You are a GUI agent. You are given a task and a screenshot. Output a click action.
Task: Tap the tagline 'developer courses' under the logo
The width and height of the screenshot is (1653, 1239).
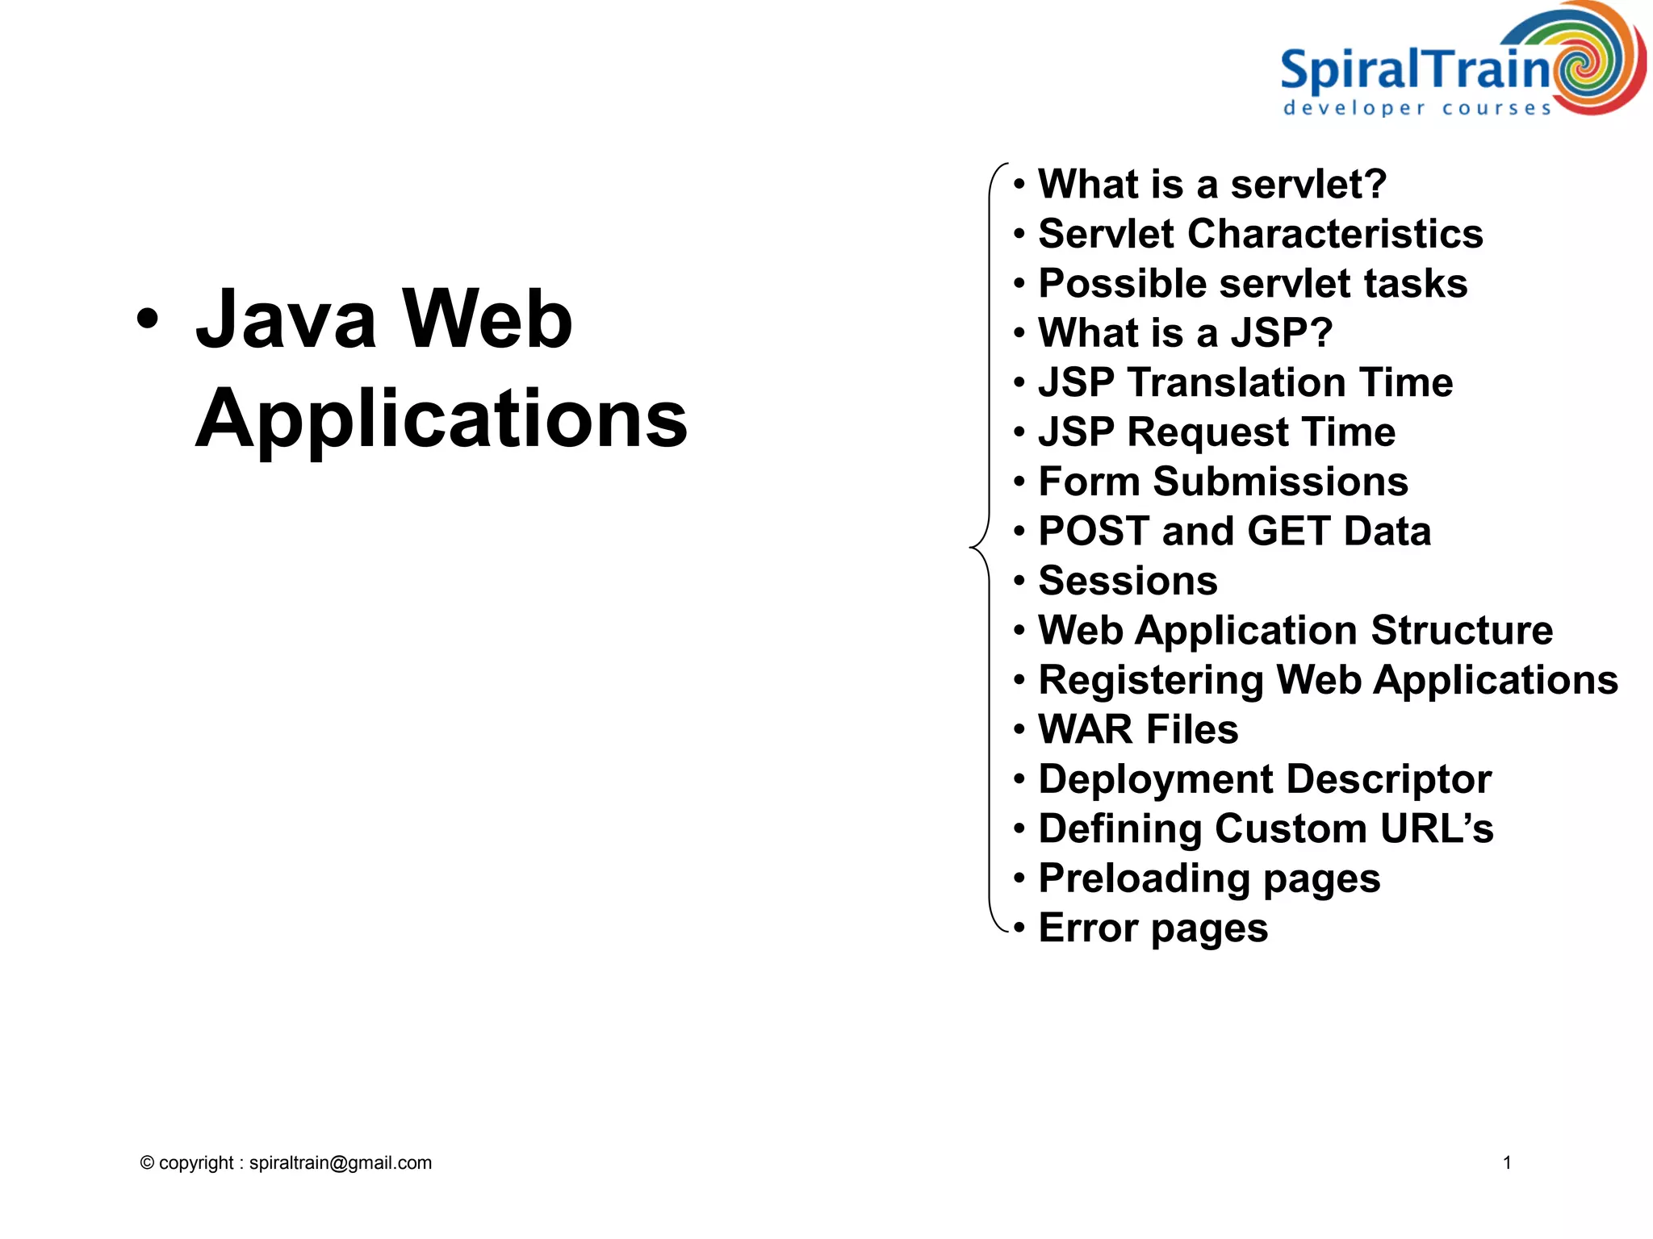coord(1417,108)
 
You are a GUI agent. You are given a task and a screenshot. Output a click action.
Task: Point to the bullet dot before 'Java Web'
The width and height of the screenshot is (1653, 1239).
coord(148,317)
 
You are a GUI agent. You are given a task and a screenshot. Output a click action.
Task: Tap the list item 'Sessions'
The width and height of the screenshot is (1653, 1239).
coord(1128,581)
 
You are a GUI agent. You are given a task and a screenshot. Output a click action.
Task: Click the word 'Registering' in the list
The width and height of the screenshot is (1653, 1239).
coord(1151,680)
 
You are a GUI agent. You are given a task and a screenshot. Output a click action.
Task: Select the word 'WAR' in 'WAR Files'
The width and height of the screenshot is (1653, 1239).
coord(1086,729)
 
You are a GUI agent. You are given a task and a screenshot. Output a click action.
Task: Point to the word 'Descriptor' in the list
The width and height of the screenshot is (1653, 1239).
coord(1388,779)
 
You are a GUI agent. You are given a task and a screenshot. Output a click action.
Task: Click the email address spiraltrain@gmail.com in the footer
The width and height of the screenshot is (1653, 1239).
coord(340,1162)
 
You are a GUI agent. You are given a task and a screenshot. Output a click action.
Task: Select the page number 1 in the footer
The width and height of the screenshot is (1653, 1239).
coord(1506,1162)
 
